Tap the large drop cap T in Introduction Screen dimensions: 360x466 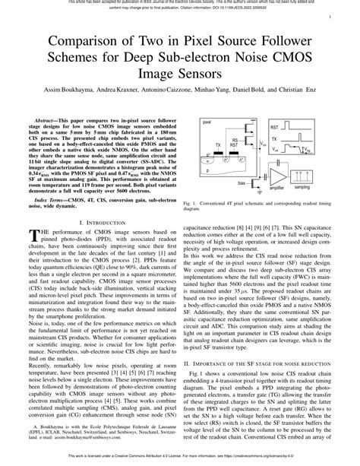point(33,235)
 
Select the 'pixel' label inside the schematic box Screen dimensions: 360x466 point(207,121)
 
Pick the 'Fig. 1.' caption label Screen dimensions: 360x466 point(191,204)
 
